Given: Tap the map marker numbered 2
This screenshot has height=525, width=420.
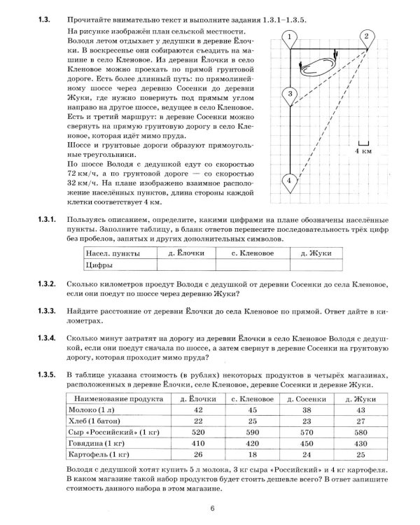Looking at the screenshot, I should [x=367, y=37].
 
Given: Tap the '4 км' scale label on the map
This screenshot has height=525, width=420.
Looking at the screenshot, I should [x=363, y=150].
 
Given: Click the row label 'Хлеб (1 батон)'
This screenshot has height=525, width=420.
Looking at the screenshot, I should [x=92, y=422].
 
